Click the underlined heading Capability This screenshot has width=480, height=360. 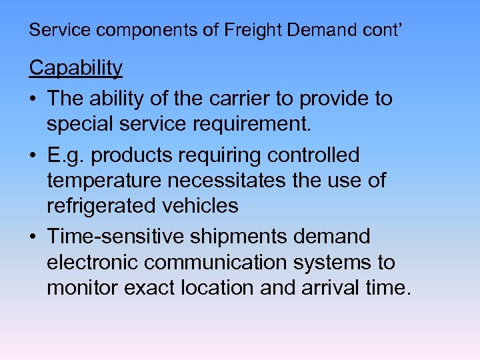pyautogui.click(x=76, y=68)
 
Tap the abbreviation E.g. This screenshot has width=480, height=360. pyautogui.click(x=65, y=155)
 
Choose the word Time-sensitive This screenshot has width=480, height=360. pyautogui.click(x=115, y=237)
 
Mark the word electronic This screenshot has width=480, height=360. pyautogui.click(x=92, y=262)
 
